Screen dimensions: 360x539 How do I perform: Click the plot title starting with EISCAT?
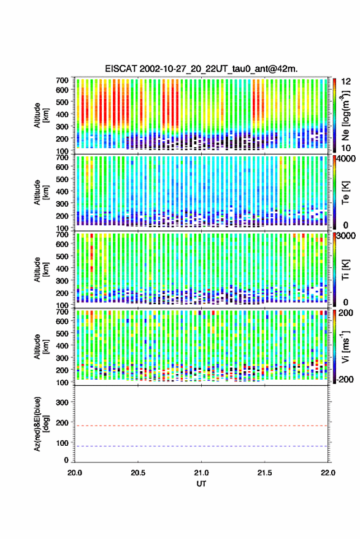(201, 69)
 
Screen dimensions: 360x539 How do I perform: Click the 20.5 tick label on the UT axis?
(138, 473)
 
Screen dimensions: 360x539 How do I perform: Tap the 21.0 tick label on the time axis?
(201, 473)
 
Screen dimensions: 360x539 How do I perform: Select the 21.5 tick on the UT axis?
(264, 473)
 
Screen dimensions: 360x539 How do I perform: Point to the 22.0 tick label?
(327, 473)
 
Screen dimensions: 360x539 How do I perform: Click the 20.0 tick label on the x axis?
(75, 473)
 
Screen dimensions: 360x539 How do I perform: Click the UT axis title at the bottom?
(201, 484)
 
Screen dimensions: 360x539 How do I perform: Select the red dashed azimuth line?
(201, 426)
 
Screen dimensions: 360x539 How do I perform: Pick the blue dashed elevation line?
(201, 446)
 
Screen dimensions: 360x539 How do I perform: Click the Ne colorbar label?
(345, 115)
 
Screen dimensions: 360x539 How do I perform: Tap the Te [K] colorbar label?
(345, 193)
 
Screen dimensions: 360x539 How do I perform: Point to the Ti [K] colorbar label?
(345, 270)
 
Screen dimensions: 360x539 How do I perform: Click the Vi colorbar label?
(345, 346)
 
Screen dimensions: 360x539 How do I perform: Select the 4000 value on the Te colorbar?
(345, 159)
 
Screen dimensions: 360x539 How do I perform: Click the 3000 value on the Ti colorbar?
(345, 235)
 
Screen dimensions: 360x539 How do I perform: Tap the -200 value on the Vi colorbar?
(345, 380)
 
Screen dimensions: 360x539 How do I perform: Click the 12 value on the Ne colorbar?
(346, 82)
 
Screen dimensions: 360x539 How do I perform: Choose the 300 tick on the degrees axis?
(62, 402)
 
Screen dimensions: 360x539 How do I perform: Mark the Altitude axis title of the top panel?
(41, 115)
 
